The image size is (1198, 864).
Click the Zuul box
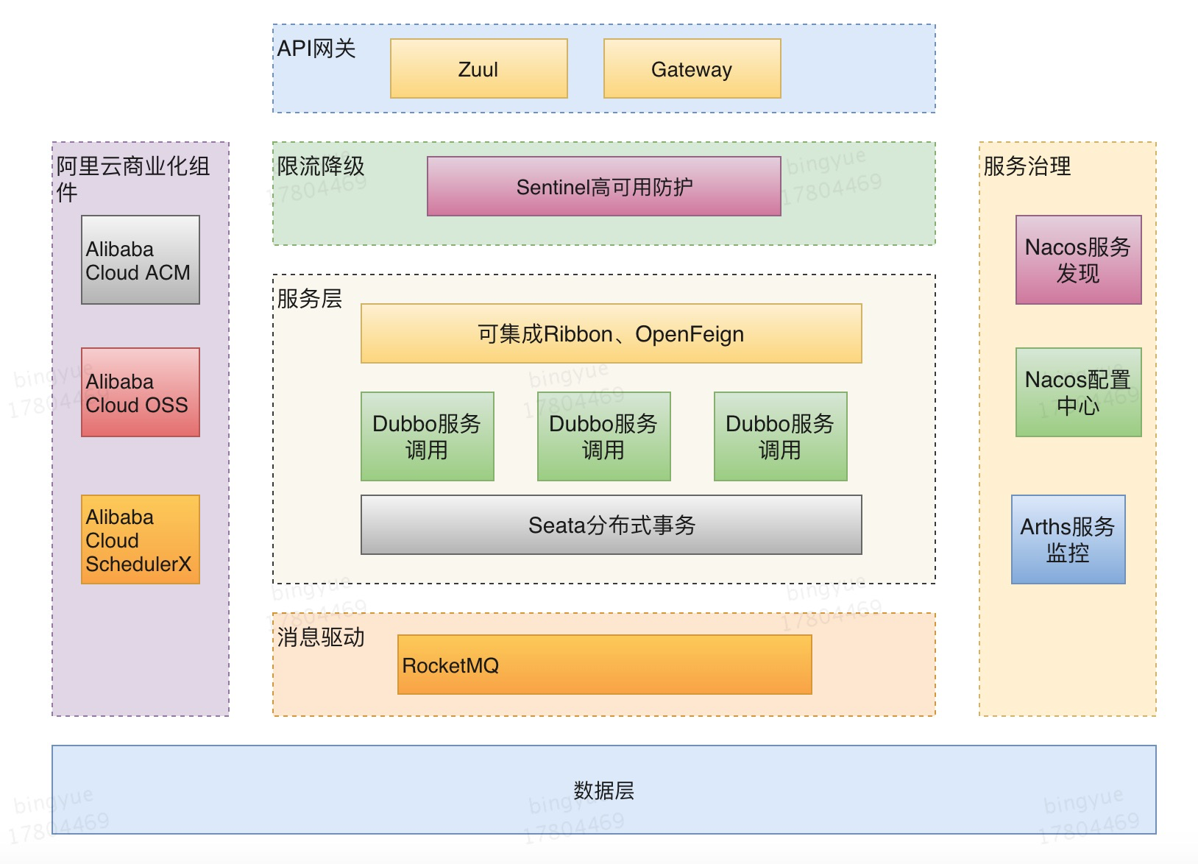tap(478, 68)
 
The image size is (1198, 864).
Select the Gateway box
tap(692, 68)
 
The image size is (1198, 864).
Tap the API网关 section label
tap(316, 49)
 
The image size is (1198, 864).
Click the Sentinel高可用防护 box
tap(603, 186)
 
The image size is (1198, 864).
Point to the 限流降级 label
tap(321, 166)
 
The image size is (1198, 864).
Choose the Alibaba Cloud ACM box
tap(140, 260)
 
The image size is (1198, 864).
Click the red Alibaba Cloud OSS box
tap(140, 392)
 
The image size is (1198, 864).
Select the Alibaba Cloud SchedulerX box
tap(140, 539)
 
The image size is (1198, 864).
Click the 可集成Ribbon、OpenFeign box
tap(611, 333)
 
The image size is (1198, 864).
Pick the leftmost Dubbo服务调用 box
tap(427, 436)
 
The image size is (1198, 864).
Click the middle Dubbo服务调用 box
tap(603, 436)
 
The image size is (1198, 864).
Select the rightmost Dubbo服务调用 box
tap(780, 436)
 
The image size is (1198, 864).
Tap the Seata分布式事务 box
tap(611, 525)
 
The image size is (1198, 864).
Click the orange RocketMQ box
tap(603, 665)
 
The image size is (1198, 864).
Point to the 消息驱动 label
tap(321, 637)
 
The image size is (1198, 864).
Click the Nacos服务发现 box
tap(1078, 260)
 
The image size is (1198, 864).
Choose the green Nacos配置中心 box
tap(1078, 392)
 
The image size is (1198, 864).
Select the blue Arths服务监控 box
tap(1068, 539)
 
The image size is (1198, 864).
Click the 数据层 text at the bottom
tap(603, 790)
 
